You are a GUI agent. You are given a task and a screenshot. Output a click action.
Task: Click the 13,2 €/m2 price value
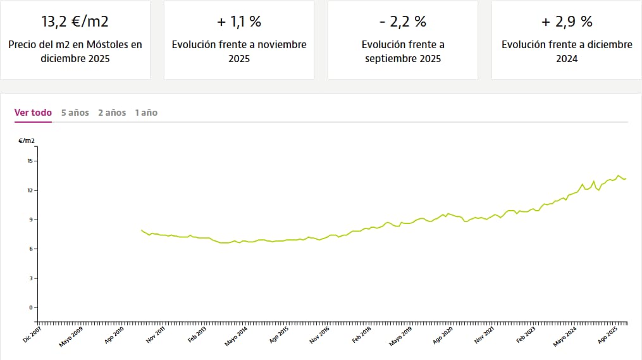coord(75,22)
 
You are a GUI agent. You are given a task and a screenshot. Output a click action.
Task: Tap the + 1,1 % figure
coord(239,22)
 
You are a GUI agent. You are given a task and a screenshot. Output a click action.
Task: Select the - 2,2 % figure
coord(403,22)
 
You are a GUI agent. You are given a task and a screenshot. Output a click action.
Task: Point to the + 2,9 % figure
coord(567,22)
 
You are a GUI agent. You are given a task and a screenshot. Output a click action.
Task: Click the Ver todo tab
coord(33,113)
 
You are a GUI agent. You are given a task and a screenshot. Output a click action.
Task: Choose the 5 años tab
coord(75,113)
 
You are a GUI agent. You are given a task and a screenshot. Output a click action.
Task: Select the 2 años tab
coord(112,113)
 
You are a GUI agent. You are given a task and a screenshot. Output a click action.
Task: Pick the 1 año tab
coord(146,113)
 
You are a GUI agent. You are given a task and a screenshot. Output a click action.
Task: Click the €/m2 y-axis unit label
coord(27,140)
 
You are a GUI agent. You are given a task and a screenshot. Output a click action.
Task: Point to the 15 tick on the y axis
coord(30,161)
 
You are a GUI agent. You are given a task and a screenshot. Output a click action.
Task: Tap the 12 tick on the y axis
coord(30,190)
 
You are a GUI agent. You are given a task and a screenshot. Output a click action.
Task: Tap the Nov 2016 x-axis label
coord(319,333)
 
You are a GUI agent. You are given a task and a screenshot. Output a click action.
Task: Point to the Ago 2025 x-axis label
coord(608,333)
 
